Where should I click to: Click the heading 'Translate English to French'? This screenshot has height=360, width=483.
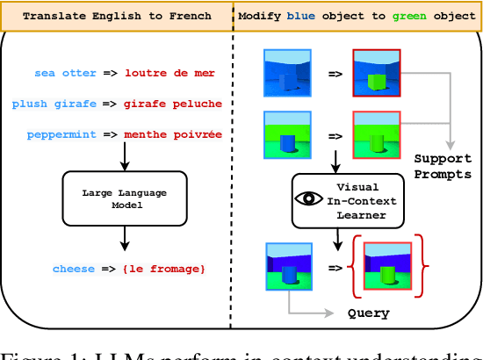117,15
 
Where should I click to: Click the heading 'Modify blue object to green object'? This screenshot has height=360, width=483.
358,15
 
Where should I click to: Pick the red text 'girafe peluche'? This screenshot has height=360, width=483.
173,104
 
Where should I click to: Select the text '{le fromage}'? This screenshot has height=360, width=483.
165,268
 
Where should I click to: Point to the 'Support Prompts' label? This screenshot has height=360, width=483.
442,166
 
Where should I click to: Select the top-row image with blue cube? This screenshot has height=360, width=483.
287,72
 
